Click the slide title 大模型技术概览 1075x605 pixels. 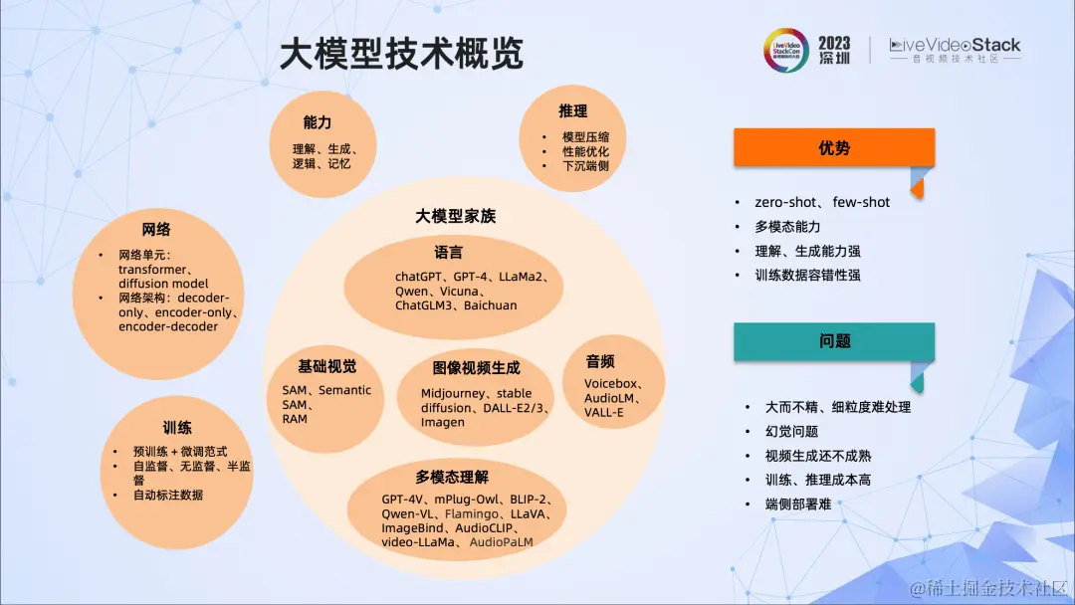tap(400, 54)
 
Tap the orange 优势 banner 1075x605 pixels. tap(833, 148)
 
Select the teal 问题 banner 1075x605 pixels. tap(833, 341)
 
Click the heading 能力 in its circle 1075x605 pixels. tap(318, 122)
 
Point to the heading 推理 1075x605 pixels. tap(572, 110)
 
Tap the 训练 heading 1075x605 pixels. tap(177, 428)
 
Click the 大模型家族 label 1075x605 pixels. tap(455, 216)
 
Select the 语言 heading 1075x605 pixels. tap(448, 252)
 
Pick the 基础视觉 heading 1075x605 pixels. tap(326, 366)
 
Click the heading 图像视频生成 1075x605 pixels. tap(476, 368)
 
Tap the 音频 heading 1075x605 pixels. tap(600, 360)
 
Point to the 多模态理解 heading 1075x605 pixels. tap(452, 477)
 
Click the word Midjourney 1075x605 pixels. tap(453, 394)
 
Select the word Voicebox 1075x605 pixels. tap(609, 384)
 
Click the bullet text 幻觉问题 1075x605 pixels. tap(791, 432)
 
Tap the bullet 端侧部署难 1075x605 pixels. tap(797, 504)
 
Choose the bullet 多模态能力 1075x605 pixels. tap(787, 227)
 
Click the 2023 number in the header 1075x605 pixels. tap(833, 43)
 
